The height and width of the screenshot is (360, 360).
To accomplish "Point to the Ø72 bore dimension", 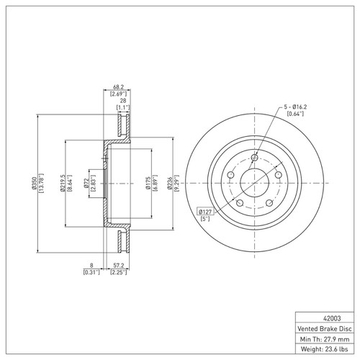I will coord(86,184).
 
